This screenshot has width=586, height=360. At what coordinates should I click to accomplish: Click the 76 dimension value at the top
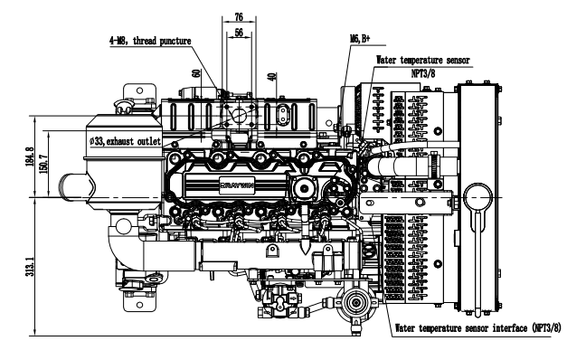tap(239, 17)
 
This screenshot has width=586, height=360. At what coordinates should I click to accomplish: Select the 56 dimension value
tap(239, 33)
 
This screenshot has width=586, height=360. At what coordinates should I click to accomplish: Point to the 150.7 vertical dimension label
tap(43, 164)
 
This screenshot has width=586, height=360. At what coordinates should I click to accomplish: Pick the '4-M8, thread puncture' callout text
tap(150, 41)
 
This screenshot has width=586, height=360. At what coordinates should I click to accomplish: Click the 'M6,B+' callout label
tap(360, 38)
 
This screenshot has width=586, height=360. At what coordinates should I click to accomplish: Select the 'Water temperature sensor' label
tap(422, 60)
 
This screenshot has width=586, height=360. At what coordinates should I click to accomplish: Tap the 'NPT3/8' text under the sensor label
tap(423, 73)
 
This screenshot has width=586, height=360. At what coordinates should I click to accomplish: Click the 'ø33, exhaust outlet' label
tap(125, 141)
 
